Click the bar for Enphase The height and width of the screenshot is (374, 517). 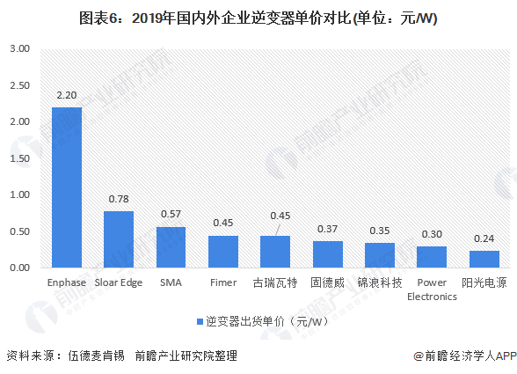click(x=67, y=187)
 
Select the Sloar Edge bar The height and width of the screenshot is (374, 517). click(x=119, y=238)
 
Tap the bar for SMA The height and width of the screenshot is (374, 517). click(x=171, y=246)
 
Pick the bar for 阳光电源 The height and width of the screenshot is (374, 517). click(x=484, y=259)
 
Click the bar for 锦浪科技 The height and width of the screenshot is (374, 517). click(x=380, y=254)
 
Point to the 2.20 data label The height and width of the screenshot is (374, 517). click(x=67, y=94)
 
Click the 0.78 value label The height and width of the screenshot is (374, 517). click(x=119, y=199)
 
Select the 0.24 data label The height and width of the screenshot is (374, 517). click(x=484, y=238)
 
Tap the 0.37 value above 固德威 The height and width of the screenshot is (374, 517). click(x=328, y=229)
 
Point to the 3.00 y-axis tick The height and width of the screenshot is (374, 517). click(x=19, y=48)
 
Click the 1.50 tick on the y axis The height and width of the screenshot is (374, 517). click(x=19, y=158)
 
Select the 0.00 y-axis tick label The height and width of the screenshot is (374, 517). click(x=19, y=267)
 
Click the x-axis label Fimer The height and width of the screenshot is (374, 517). click(x=223, y=282)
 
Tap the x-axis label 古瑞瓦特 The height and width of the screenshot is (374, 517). click(x=275, y=282)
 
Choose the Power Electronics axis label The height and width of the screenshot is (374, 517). click(x=432, y=290)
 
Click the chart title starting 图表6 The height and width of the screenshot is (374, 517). click(x=258, y=17)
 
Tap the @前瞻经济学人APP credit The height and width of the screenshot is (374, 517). click(x=464, y=356)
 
